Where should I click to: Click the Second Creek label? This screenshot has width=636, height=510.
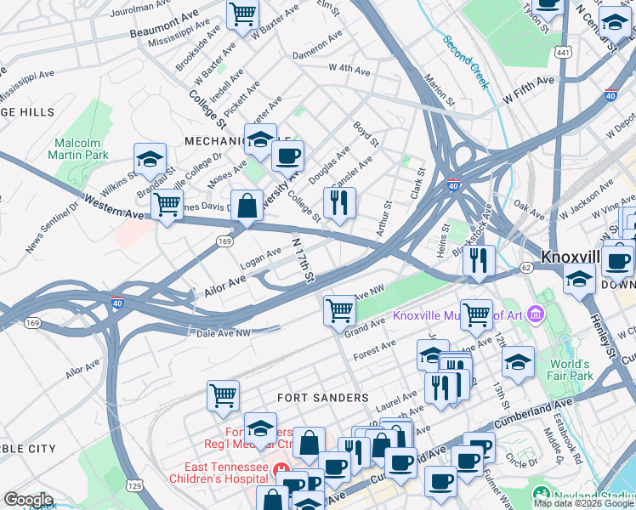[465, 61]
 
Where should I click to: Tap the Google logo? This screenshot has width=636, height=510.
[28, 500]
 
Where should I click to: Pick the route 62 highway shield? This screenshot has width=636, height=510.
[526, 267]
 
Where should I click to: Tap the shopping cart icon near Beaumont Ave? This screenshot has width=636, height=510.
[243, 14]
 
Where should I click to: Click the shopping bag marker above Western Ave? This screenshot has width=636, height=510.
[247, 206]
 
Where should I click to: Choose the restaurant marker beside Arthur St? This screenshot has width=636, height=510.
[339, 203]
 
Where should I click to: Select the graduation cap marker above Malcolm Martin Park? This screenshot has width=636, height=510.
[150, 159]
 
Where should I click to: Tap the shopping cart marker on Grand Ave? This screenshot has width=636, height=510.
[339, 310]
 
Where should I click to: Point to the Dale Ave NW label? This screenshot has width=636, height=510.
[224, 332]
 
